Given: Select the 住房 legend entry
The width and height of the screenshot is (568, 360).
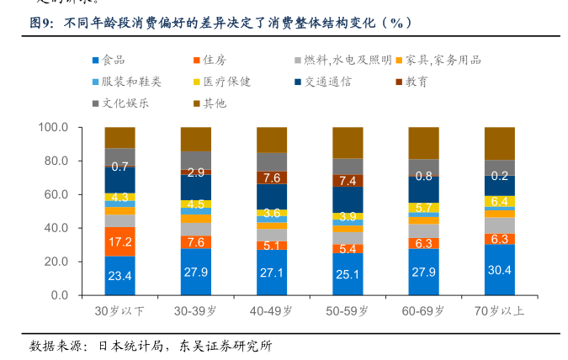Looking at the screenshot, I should (215, 60).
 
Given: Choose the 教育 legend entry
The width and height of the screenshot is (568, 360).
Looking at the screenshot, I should (416, 82).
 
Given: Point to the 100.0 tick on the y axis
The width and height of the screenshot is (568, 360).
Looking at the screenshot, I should (53, 127).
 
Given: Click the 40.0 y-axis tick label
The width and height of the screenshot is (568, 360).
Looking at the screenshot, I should (56, 228).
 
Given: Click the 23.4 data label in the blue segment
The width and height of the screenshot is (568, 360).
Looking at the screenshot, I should (119, 276).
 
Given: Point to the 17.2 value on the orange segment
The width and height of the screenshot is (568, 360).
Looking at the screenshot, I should (119, 242).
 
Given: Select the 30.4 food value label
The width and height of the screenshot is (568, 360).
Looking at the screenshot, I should (500, 270).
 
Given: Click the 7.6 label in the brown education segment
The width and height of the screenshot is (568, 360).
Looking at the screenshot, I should (272, 177).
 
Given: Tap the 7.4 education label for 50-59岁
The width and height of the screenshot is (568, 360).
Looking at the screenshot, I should (348, 181).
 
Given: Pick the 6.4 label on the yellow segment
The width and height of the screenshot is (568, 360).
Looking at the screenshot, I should (500, 201).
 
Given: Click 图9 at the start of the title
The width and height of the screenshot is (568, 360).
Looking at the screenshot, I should (42, 24).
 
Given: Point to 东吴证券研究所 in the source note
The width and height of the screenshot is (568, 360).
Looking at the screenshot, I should (224, 345).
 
